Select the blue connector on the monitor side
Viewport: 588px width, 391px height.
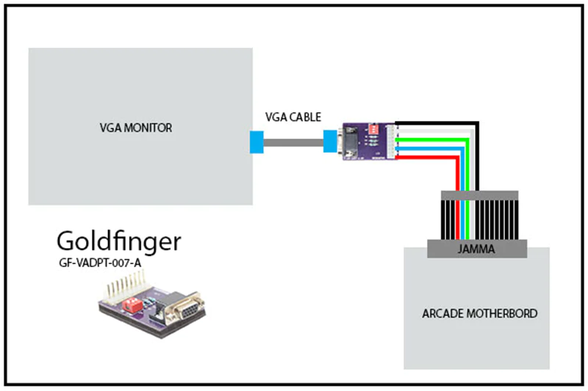click(x=256, y=142)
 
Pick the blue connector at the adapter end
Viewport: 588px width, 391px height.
click(x=329, y=142)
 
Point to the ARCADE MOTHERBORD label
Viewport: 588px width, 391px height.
click(x=480, y=313)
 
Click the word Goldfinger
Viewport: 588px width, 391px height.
click(x=118, y=241)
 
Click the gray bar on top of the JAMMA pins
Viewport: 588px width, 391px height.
click(x=479, y=195)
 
